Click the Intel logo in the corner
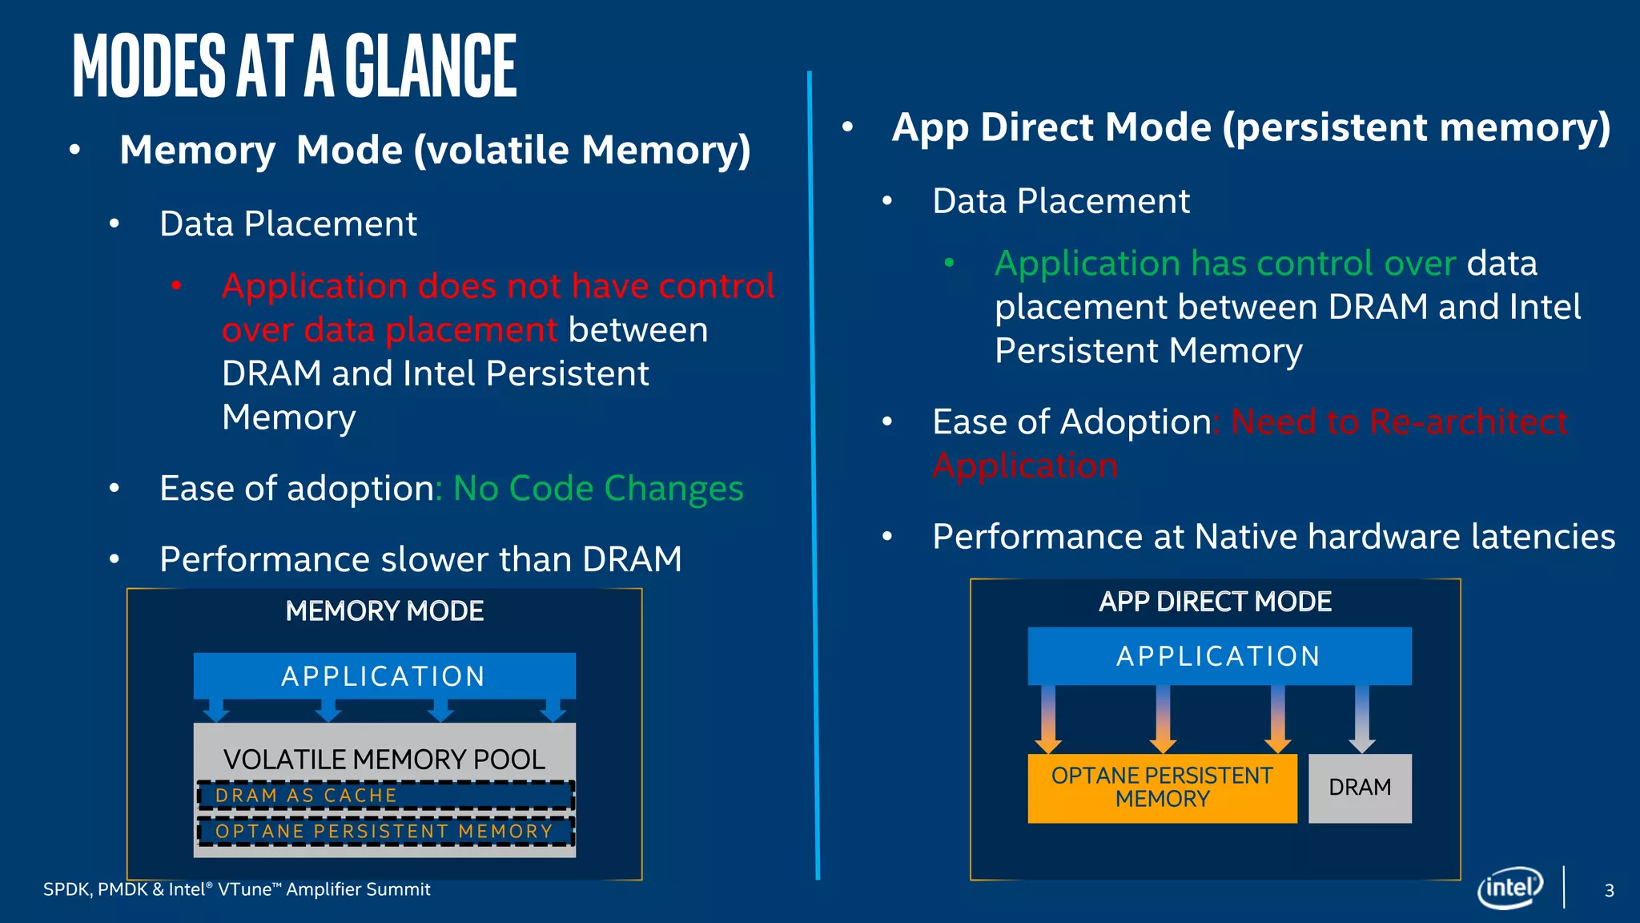[1509, 888]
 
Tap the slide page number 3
[1609, 890]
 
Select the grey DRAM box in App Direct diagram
[1360, 788]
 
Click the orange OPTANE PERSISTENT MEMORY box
[1162, 788]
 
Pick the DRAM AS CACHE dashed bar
[385, 796]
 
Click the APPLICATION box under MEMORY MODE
[384, 676]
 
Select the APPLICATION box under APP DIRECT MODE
[1219, 656]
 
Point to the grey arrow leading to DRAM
[1361, 718]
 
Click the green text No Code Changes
[598, 489]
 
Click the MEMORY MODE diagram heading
[384, 611]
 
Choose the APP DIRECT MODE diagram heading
[1215, 602]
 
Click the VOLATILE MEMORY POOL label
[384, 759]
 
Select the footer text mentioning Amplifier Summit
[236, 889]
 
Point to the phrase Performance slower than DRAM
[420, 559]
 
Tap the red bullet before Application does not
[176, 285]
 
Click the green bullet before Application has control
[949, 262]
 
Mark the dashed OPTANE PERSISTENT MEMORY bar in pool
[385, 832]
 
